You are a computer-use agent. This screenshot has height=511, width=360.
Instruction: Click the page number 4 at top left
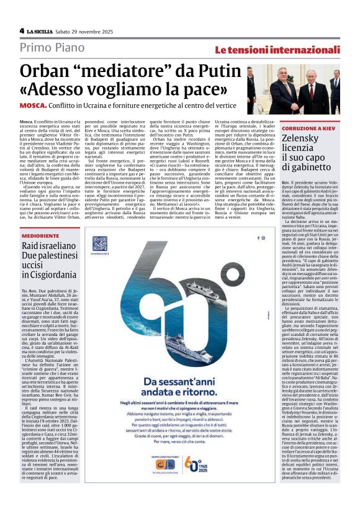[22, 30]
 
